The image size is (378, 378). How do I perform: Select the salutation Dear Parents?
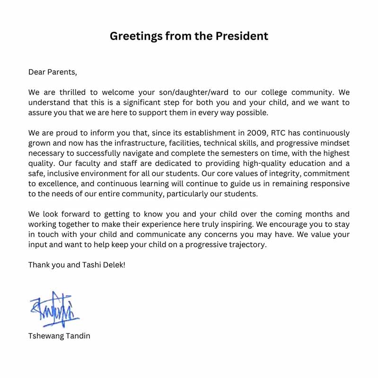tap(52, 72)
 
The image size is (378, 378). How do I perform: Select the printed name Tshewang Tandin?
tap(59, 336)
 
